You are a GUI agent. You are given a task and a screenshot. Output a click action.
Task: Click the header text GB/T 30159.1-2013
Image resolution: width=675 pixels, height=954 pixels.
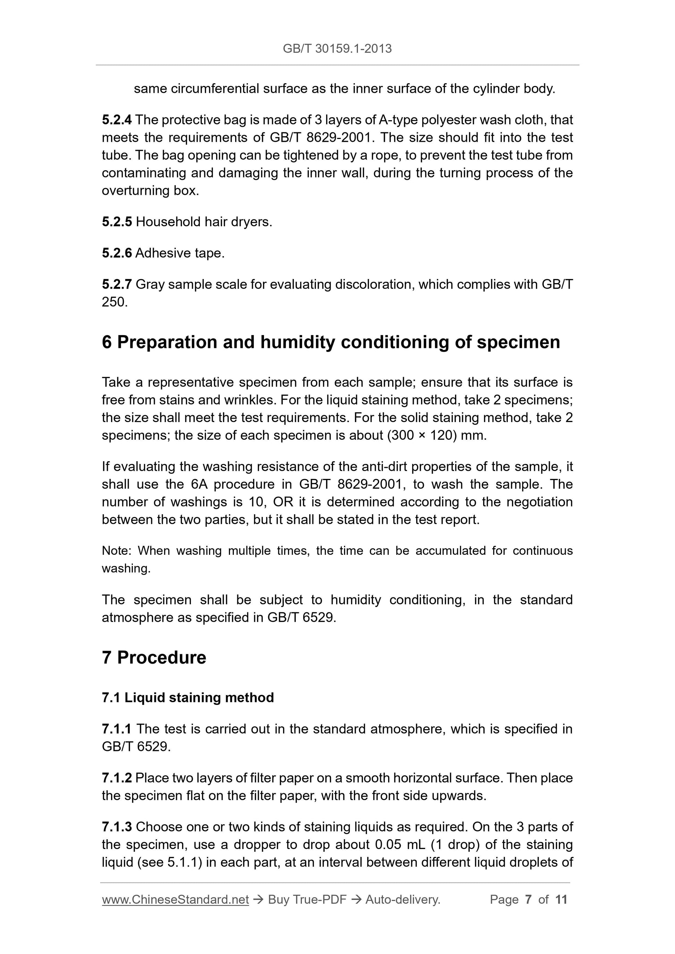pos(337,49)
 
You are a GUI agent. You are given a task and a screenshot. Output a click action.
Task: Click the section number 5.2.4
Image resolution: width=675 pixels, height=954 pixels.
pos(117,120)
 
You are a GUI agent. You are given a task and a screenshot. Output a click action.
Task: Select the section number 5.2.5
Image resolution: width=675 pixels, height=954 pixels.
pos(117,222)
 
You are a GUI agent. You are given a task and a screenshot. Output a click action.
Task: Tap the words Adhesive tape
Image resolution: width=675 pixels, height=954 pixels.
pos(180,253)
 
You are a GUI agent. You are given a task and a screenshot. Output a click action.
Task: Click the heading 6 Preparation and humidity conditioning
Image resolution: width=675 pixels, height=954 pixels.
pos(331,342)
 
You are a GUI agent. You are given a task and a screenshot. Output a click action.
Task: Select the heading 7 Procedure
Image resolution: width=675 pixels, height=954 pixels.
pos(154,658)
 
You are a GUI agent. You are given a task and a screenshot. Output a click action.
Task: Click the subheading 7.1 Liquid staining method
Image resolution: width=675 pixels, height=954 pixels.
pos(188,698)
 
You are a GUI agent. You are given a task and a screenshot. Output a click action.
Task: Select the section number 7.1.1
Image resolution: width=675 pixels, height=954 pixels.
pos(117,729)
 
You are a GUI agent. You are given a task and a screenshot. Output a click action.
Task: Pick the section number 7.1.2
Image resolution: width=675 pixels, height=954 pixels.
pos(117,778)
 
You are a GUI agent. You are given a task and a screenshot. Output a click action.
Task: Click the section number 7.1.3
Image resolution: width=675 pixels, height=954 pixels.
pos(117,827)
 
